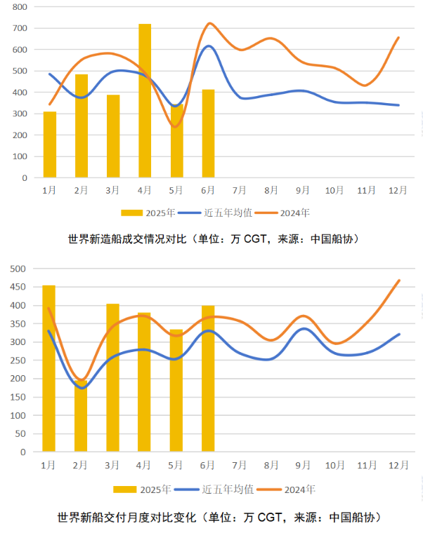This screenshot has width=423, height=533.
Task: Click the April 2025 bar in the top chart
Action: tap(145, 101)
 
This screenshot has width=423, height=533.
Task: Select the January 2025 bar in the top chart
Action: tap(50, 144)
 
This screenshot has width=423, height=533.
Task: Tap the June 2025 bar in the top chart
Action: tap(209, 133)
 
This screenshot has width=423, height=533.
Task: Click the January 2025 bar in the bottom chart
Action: tap(48, 368)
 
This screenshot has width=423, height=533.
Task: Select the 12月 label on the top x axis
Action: tap(398, 190)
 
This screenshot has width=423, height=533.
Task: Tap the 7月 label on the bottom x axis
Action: tap(240, 464)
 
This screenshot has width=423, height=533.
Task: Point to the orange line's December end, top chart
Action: tap(398, 38)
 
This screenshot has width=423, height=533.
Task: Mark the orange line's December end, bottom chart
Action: tap(399, 281)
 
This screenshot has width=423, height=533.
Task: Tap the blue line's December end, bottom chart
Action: tap(399, 334)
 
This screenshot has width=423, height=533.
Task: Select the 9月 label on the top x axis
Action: tap(304, 190)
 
